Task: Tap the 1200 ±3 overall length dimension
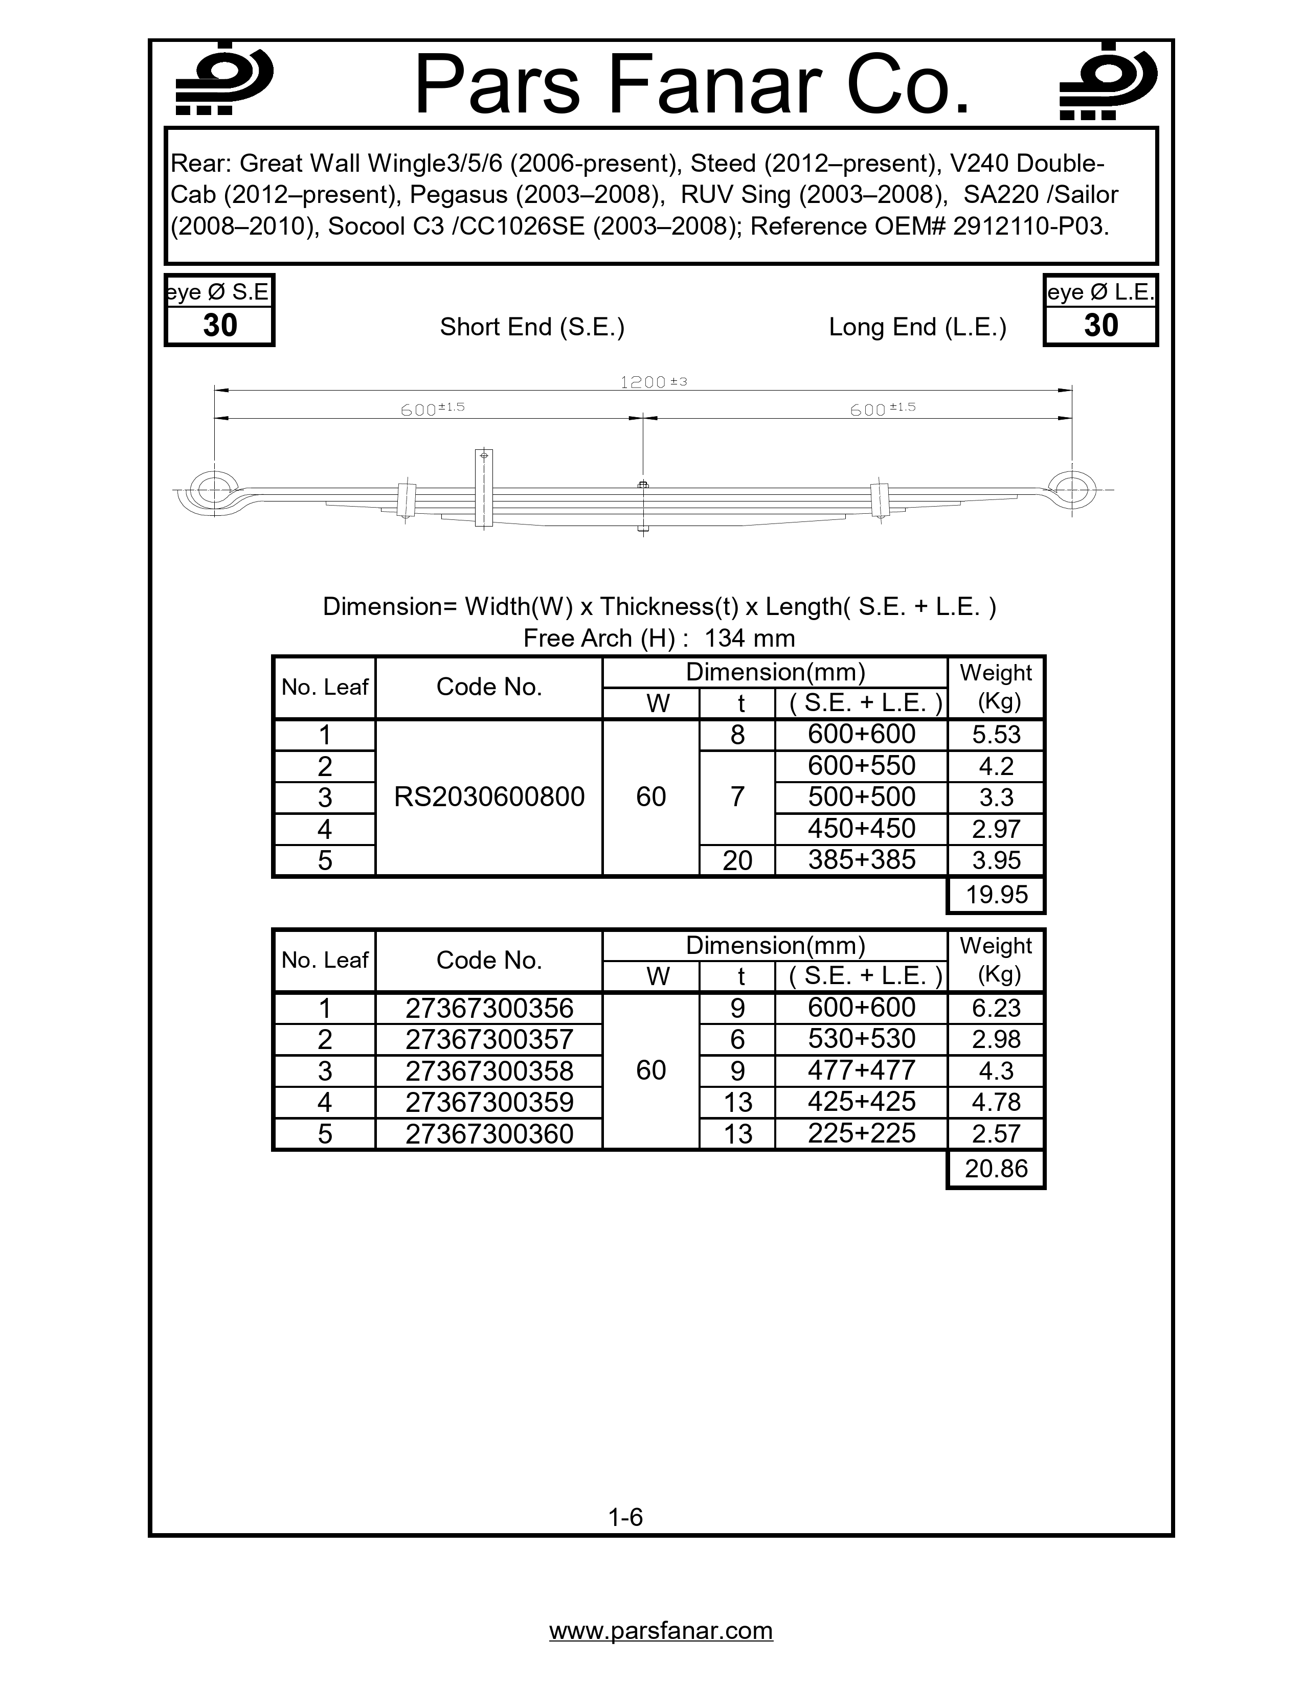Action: point(653,381)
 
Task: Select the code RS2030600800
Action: point(489,797)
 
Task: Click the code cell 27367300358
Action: point(489,1070)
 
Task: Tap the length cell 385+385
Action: point(861,860)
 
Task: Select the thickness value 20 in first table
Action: point(737,860)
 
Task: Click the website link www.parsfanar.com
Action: point(661,1630)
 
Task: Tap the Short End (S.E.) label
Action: point(532,327)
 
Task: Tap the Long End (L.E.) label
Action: point(918,327)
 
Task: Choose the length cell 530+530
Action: point(861,1039)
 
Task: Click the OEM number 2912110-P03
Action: point(1030,226)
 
